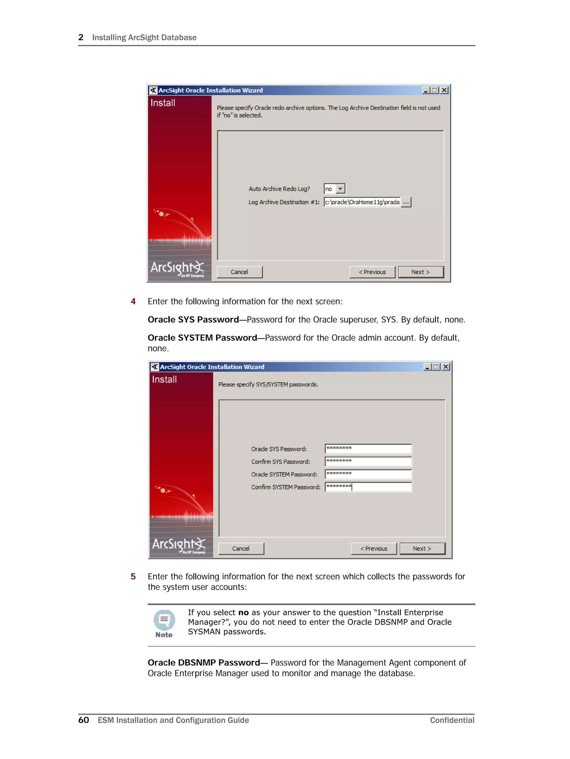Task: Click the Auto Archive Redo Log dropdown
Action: click(x=334, y=189)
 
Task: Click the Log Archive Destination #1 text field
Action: click(x=362, y=202)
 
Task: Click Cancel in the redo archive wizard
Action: click(x=239, y=272)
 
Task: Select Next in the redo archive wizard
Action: click(x=421, y=272)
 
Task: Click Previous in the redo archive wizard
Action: click(x=372, y=272)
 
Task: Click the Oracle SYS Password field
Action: click(x=368, y=449)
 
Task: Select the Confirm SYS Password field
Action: click(x=368, y=462)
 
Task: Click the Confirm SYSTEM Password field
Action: click(x=368, y=487)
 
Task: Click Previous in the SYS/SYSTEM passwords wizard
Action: click(x=374, y=549)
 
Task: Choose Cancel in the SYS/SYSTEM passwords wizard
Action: click(x=241, y=549)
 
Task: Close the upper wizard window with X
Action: click(x=444, y=90)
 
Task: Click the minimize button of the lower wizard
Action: click(x=427, y=367)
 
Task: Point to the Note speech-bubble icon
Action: click(x=164, y=620)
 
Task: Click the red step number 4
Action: click(x=133, y=302)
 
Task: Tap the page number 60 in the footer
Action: click(x=84, y=720)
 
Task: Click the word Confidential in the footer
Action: click(x=452, y=720)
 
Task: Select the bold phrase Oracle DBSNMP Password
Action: click(x=204, y=663)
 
